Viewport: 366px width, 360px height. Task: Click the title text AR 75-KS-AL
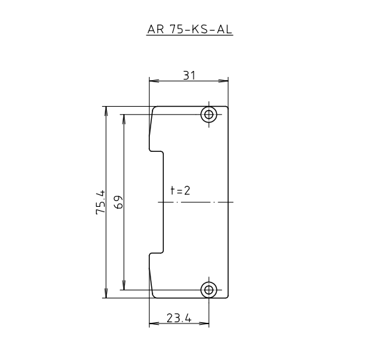[190, 30]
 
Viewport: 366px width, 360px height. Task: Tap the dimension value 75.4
[100, 202]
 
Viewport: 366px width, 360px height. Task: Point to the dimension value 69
[118, 202]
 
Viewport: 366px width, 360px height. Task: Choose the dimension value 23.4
[179, 318]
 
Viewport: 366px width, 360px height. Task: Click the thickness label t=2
[180, 190]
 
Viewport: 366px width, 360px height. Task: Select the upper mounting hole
[210, 115]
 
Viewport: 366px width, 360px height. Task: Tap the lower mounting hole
[210, 290]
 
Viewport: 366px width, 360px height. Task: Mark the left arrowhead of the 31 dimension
[152, 82]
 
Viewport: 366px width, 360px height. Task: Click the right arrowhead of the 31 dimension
[225, 82]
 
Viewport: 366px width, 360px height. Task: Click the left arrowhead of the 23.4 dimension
[152, 324]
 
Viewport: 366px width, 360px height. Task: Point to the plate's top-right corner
[228, 107]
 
